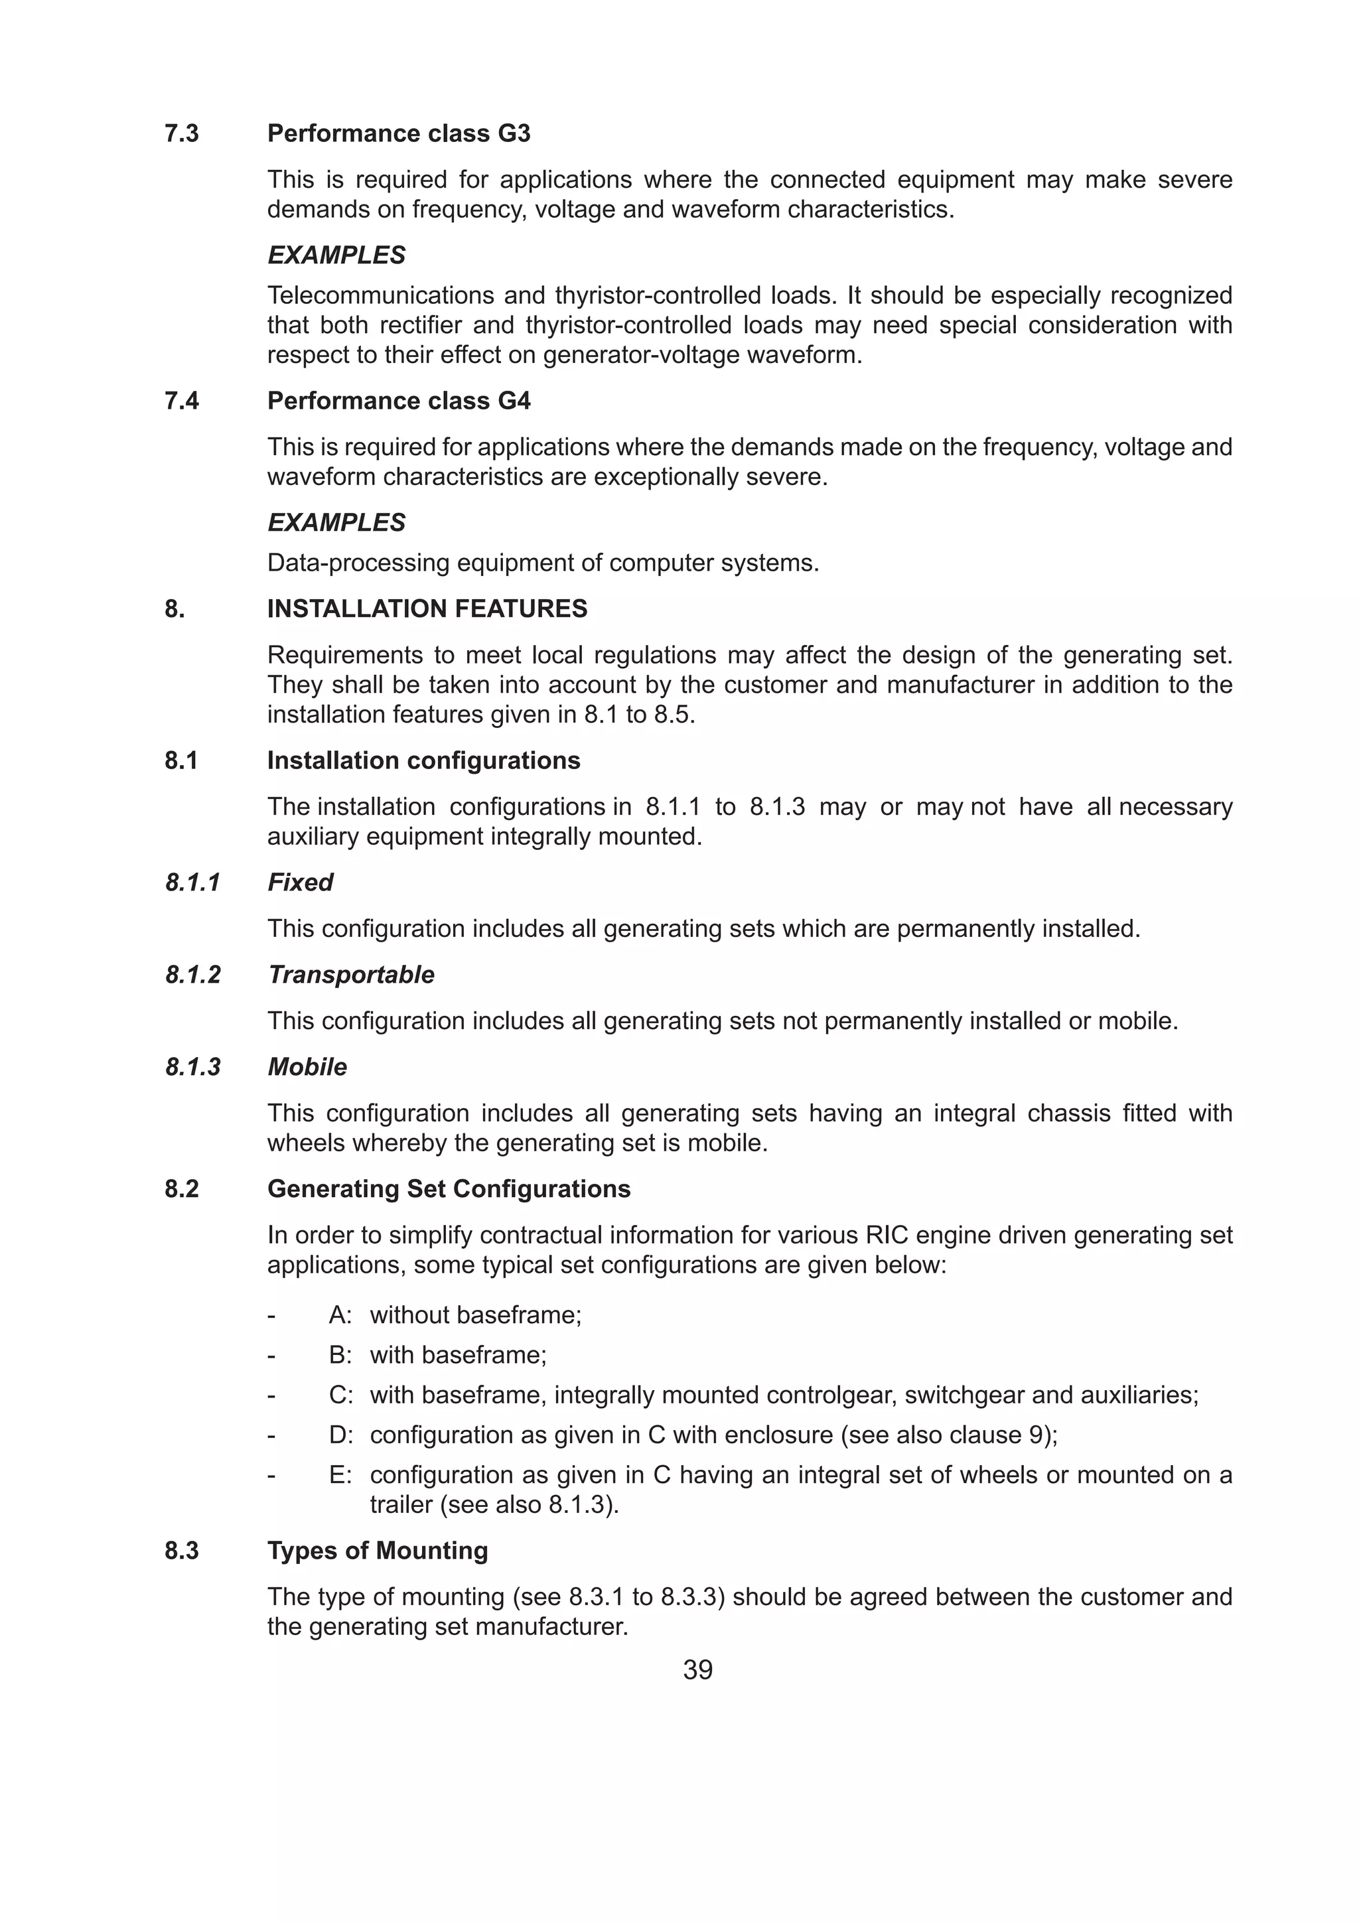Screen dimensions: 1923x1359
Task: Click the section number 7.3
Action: pyautogui.click(x=182, y=134)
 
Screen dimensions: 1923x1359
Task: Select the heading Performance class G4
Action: pyautogui.click(x=399, y=401)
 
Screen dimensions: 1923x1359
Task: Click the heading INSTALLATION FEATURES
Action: pyautogui.click(x=427, y=609)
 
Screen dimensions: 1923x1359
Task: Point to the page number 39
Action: pyautogui.click(x=697, y=1670)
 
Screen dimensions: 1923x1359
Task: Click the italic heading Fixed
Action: pyautogui.click(x=300, y=882)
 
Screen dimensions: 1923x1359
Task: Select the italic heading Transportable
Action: pyautogui.click(x=351, y=975)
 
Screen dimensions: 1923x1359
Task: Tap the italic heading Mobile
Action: pyautogui.click(x=307, y=1067)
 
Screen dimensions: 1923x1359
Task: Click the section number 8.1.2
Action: pyautogui.click(x=192, y=975)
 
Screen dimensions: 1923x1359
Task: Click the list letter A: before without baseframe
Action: pyautogui.click(x=340, y=1315)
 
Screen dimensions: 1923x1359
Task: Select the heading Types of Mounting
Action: pyautogui.click(x=377, y=1551)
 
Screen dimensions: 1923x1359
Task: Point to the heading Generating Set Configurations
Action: pyautogui.click(x=448, y=1189)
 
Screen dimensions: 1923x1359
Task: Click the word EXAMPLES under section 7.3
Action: pyautogui.click(x=336, y=255)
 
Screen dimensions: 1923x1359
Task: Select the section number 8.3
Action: pyautogui.click(x=182, y=1551)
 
